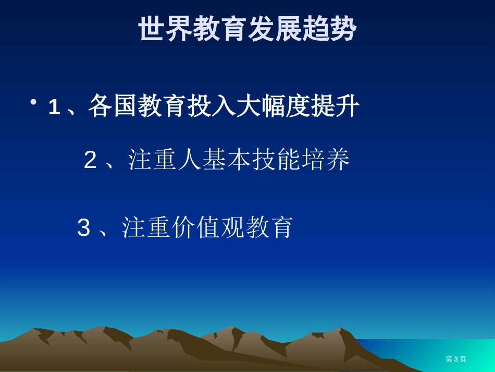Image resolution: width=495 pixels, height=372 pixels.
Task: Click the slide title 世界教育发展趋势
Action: (248, 29)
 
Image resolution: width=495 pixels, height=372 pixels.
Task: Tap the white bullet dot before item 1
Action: (33, 102)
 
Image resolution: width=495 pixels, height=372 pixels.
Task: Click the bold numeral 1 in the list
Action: (54, 107)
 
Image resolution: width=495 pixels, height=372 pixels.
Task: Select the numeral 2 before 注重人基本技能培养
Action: (90, 160)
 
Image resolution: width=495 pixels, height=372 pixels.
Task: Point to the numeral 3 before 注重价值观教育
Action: (84, 227)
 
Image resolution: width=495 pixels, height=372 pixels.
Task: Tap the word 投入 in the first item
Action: (212, 105)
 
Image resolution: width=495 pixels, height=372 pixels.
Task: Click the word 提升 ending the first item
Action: (335, 105)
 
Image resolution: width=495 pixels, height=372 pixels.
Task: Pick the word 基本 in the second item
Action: (227, 159)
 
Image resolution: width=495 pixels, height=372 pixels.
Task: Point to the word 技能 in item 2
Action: (276, 159)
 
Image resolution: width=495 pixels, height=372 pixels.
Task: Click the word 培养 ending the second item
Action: (326, 159)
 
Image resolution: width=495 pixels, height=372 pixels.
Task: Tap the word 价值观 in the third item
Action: (208, 227)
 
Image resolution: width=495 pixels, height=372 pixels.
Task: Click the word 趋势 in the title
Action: (330, 29)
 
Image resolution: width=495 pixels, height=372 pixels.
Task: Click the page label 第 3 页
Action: (456, 359)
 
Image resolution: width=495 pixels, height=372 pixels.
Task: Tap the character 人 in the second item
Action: (190, 159)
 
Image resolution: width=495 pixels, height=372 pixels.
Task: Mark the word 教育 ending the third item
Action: (269, 227)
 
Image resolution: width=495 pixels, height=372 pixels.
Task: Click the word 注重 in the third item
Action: (146, 227)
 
